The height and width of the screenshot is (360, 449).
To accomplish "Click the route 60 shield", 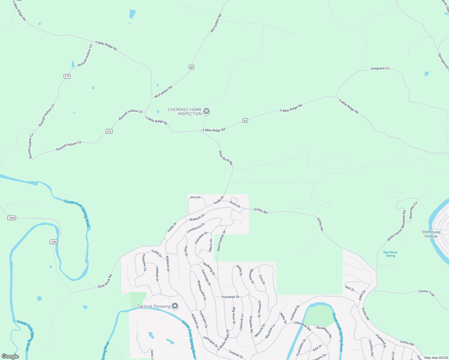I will point(191,67).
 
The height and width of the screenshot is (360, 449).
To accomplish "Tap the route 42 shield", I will point(245,121).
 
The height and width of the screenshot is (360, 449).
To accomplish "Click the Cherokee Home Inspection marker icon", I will point(206,112).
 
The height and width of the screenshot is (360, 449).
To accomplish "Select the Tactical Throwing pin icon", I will point(175,306).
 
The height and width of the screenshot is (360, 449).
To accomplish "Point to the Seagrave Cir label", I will point(380,68).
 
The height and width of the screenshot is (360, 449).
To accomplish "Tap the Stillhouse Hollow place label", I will point(431,234).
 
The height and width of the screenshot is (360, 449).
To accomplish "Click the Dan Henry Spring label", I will point(390,254).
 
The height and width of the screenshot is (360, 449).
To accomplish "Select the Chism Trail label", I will point(427,293).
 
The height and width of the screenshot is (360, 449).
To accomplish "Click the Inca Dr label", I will point(195,197).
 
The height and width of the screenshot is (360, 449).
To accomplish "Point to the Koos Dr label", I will point(235,204).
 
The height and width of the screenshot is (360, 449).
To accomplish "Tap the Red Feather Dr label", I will point(221,241).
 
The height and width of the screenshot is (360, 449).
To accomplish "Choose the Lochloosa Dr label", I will point(196,228).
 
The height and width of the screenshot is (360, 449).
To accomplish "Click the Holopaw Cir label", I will point(144,263).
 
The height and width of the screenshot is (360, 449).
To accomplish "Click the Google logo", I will point(10,356).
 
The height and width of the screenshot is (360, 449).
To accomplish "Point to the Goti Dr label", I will point(350,289).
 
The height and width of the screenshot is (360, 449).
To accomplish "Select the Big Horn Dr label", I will point(234,316).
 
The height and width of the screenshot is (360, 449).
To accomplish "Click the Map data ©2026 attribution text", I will point(436,358).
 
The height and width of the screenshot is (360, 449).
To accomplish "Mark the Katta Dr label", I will point(239,270).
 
